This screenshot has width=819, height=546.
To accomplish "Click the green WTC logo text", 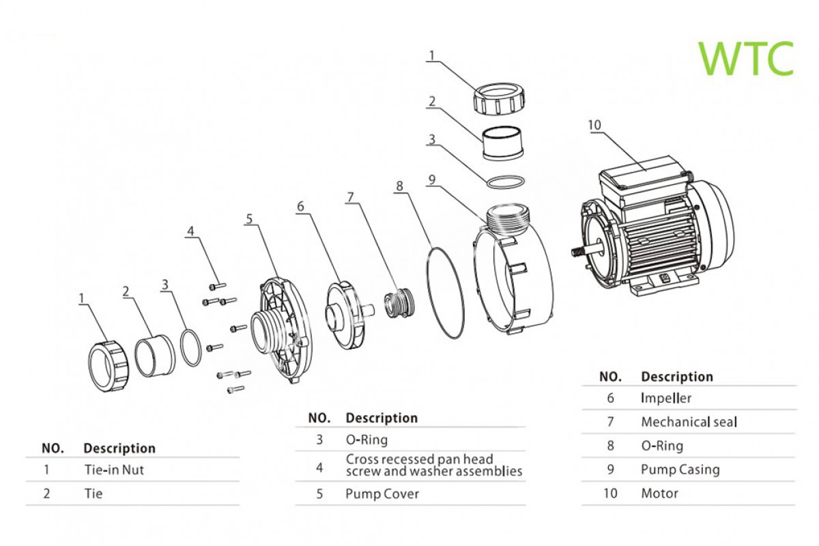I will [x=746, y=58].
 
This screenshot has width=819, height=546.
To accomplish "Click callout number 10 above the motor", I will [x=594, y=124].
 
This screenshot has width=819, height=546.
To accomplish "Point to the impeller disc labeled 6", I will [x=341, y=315].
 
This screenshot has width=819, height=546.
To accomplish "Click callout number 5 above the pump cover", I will [x=249, y=219].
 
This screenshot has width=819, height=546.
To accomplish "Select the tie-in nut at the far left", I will [x=108, y=363].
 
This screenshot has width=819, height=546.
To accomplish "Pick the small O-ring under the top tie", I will [x=506, y=182].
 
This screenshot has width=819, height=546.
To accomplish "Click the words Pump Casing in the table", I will [x=680, y=470].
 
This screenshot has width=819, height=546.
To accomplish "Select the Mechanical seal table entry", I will [x=689, y=422].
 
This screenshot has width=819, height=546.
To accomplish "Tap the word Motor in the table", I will [x=659, y=493].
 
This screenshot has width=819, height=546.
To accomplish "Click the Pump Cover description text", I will [x=382, y=493].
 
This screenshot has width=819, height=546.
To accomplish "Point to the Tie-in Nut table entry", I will [x=113, y=470].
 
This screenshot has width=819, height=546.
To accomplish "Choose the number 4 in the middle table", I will [x=319, y=467].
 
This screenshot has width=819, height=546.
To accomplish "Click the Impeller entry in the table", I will [x=665, y=398].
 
